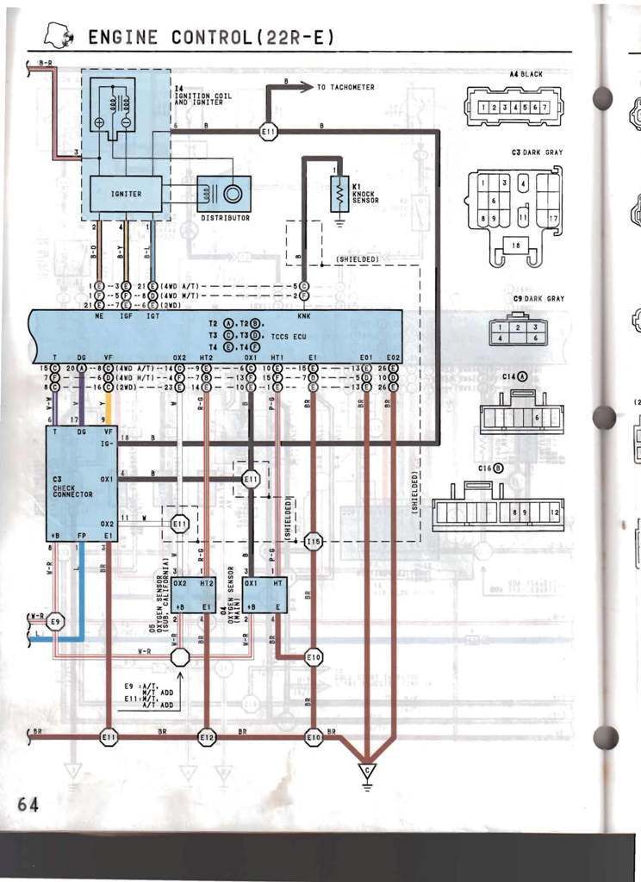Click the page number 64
[x=28, y=804]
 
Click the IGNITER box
[x=126, y=194]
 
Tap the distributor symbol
[x=225, y=194]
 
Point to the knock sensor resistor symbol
[x=339, y=197]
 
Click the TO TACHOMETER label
[x=345, y=87]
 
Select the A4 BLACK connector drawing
[x=512, y=108]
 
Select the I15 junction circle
[x=314, y=542]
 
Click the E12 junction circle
[x=207, y=737]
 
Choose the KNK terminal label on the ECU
[x=304, y=316]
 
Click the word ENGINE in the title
[x=123, y=37]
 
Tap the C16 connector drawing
[x=498, y=511]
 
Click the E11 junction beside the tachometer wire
[x=268, y=132]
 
